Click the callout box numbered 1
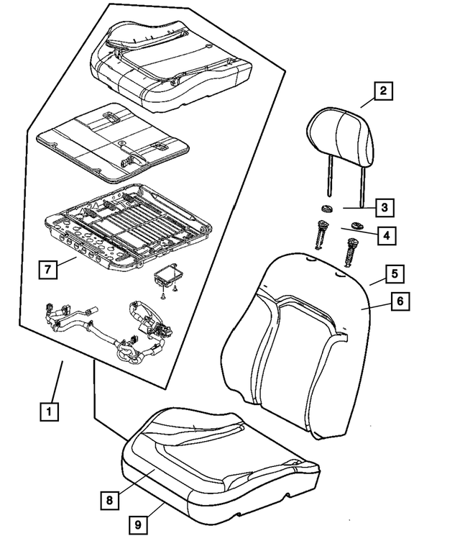[x=48, y=412]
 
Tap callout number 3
[x=384, y=208]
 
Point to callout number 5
[x=395, y=274]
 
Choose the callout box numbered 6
[x=400, y=301]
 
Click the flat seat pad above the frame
[x=111, y=140]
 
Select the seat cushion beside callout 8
[x=216, y=460]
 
